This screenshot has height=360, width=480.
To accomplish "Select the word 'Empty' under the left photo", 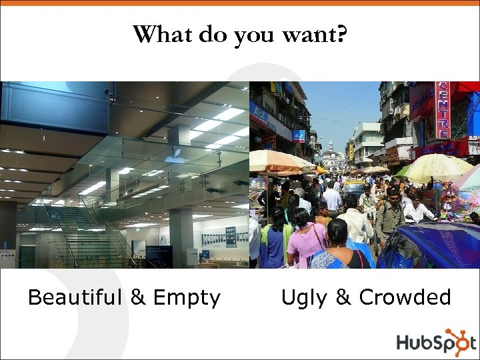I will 187,298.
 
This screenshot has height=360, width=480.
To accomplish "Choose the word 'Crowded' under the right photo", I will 405,297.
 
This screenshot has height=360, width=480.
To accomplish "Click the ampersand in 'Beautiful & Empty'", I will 139,297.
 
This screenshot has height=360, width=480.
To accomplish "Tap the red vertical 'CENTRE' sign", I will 442,111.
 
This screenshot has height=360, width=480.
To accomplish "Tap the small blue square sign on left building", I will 299,136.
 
